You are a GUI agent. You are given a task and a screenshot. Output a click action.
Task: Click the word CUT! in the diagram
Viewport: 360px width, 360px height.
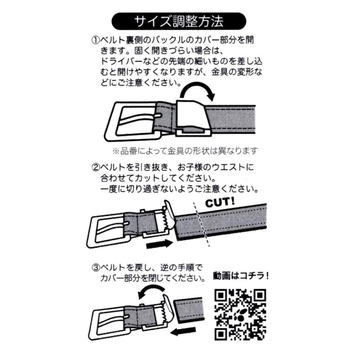[x=220, y=202]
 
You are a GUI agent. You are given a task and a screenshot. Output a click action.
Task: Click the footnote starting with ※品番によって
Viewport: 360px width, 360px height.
[x=184, y=151]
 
